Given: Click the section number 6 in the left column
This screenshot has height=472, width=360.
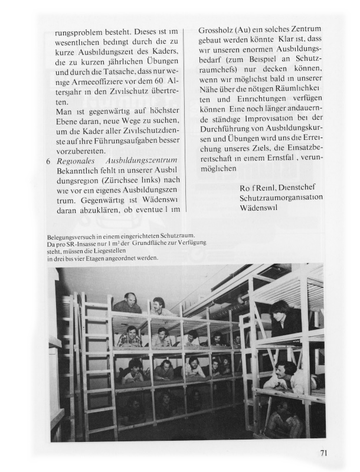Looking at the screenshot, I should point(48,161).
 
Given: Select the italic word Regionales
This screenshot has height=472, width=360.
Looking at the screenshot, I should point(76,161).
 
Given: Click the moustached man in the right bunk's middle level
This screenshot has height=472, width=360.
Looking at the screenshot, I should point(285,376).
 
